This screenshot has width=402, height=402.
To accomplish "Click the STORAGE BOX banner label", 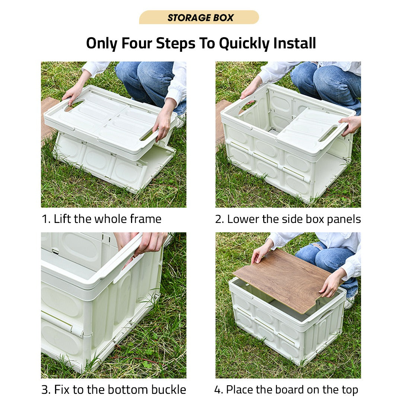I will (200, 17).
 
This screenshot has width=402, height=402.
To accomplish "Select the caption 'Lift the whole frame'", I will (107, 219).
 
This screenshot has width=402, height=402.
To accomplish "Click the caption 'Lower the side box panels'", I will (294, 219).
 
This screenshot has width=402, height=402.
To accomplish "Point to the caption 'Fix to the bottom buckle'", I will (120, 390).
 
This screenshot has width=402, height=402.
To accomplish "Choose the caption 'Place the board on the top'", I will (292, 390).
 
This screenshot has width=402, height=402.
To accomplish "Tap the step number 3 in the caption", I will (45, 390).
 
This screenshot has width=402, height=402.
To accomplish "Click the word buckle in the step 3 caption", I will (168, 390).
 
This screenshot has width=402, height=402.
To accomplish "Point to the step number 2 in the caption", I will (219, 219).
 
